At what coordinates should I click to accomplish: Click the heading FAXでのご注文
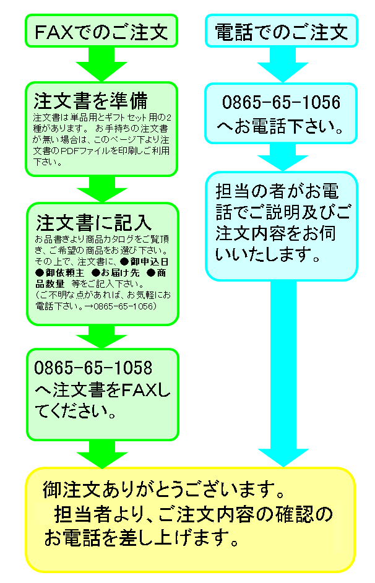[101, 31]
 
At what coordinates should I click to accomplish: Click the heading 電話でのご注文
[281, 31]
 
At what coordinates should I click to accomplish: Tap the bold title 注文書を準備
[90, 100]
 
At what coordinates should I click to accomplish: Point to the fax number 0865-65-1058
[93, 368]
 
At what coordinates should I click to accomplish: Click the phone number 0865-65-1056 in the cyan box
[281, 103]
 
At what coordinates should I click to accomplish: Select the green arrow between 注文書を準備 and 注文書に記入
[101, 189]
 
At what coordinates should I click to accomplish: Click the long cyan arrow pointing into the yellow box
[282, 371]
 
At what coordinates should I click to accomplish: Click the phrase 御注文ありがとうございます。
[164, 491]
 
